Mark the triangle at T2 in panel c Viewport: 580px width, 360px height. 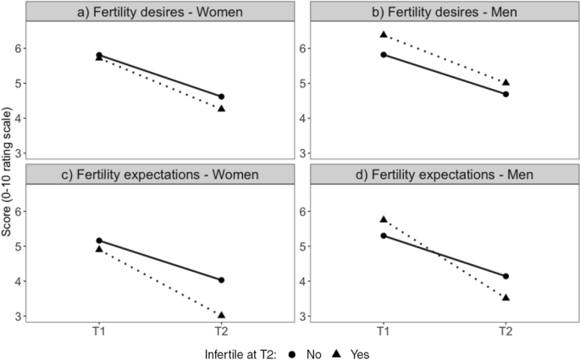point(222,315)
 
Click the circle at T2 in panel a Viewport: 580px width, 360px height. point(222,97)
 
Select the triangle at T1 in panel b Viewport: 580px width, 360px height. point(384,35)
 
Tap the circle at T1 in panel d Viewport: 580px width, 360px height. point(384,235)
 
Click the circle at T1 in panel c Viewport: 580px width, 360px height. point(99,241)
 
